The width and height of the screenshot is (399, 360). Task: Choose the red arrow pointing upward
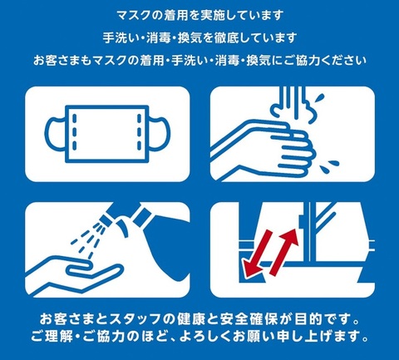pos(283,249)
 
